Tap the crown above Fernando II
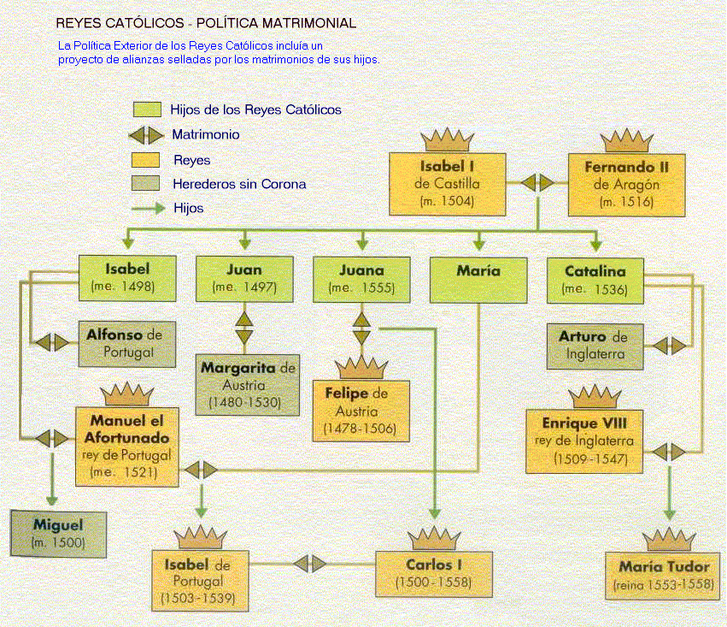pos(626,140)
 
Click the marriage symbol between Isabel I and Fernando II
pos(537,183)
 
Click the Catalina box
pos(595,279)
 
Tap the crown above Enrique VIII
pos(595,397)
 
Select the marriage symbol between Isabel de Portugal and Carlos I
pos(309,564)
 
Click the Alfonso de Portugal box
pos(123,342)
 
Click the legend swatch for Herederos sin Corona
pos(147,183)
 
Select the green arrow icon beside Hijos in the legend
pos(147,207)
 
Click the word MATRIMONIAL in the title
pos(290,22)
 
